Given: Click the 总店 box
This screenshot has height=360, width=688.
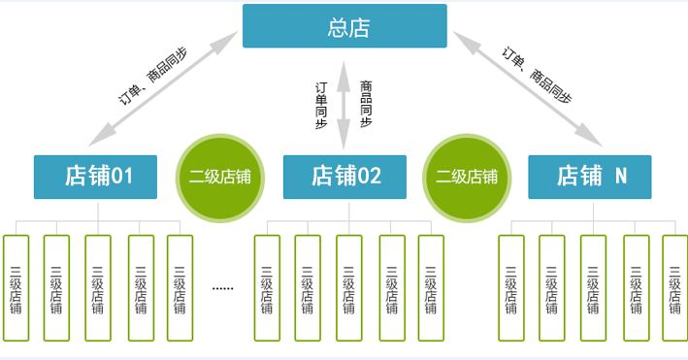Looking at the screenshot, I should pos(344,26).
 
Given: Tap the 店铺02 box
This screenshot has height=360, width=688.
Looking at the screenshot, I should pos(344,177).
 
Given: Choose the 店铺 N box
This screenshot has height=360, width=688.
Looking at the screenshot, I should pos(590,177).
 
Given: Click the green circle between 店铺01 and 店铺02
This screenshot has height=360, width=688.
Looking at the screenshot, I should pos(220,177).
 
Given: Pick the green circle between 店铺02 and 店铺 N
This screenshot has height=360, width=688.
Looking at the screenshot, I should pos(467,177).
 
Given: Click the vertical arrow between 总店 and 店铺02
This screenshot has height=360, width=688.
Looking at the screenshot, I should pos(344,103).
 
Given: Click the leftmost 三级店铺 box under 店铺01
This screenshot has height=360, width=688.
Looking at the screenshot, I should pos(16,288).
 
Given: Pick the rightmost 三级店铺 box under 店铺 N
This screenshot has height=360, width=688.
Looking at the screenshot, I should pos(675,288).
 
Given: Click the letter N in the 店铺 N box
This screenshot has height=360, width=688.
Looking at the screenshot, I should pos(621,177).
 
